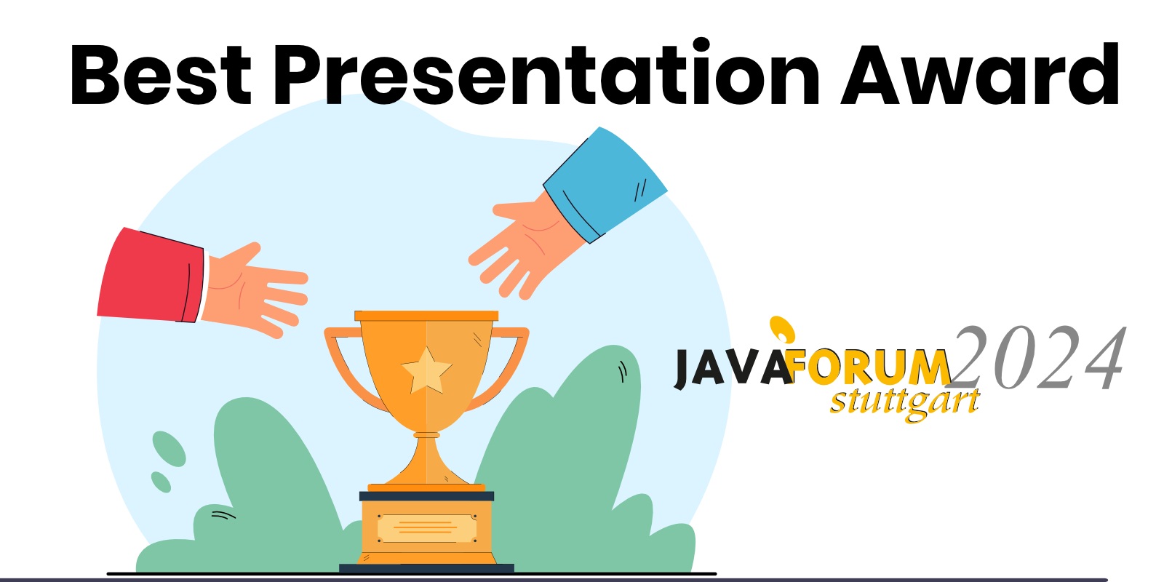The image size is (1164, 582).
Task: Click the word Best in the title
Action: pyautogui.click(x=160, y=75)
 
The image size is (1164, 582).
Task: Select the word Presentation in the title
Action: pyautogui.click(x=546, y=75)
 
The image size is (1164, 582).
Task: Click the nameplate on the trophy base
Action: pyautogui.click(x=426, y=527)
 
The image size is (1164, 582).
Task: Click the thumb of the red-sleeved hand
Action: pyautogui.click(x=240, y=255)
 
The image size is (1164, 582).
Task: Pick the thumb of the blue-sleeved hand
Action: pyautogui.click(x=517, y=211)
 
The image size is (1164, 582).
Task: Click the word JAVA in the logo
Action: pyautogui.click(x=731, y=367)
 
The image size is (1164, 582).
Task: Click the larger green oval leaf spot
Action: pyautogui.click(x=168, y=448)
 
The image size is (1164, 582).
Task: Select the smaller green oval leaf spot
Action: pyautogui.click(x=161, y=482)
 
